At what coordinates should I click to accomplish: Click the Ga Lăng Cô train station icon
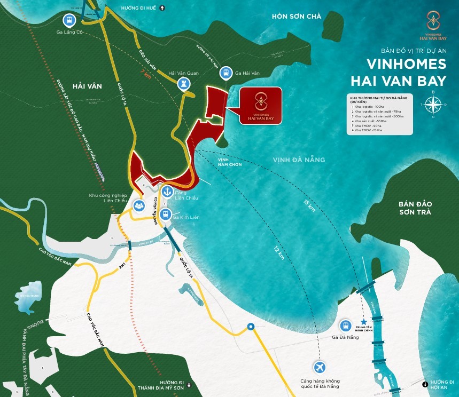click(x=68, y=21)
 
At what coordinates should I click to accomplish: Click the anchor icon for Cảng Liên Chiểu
click(x=168, y=191)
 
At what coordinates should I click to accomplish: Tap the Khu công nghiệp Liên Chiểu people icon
click(x=139, y=204)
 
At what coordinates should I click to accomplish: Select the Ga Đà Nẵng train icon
click(x=346, y=325)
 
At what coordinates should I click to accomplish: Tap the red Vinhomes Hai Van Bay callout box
click(x=260, y=105)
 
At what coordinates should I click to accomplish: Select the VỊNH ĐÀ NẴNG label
click(x=299, y=160)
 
